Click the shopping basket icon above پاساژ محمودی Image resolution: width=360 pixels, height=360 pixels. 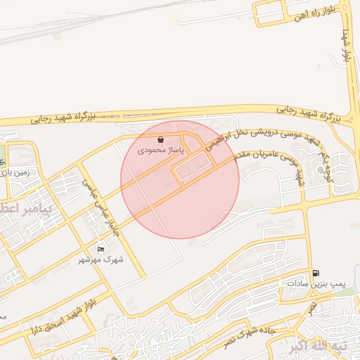[162, 140]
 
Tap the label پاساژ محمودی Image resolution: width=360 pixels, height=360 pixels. [161, 150]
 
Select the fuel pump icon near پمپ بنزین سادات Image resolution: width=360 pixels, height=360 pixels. [316, 273]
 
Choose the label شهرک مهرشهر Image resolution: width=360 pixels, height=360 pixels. [101, 259]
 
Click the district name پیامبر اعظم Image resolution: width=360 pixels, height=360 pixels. [21, 210]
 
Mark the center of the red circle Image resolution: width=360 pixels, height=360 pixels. [180, 180]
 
